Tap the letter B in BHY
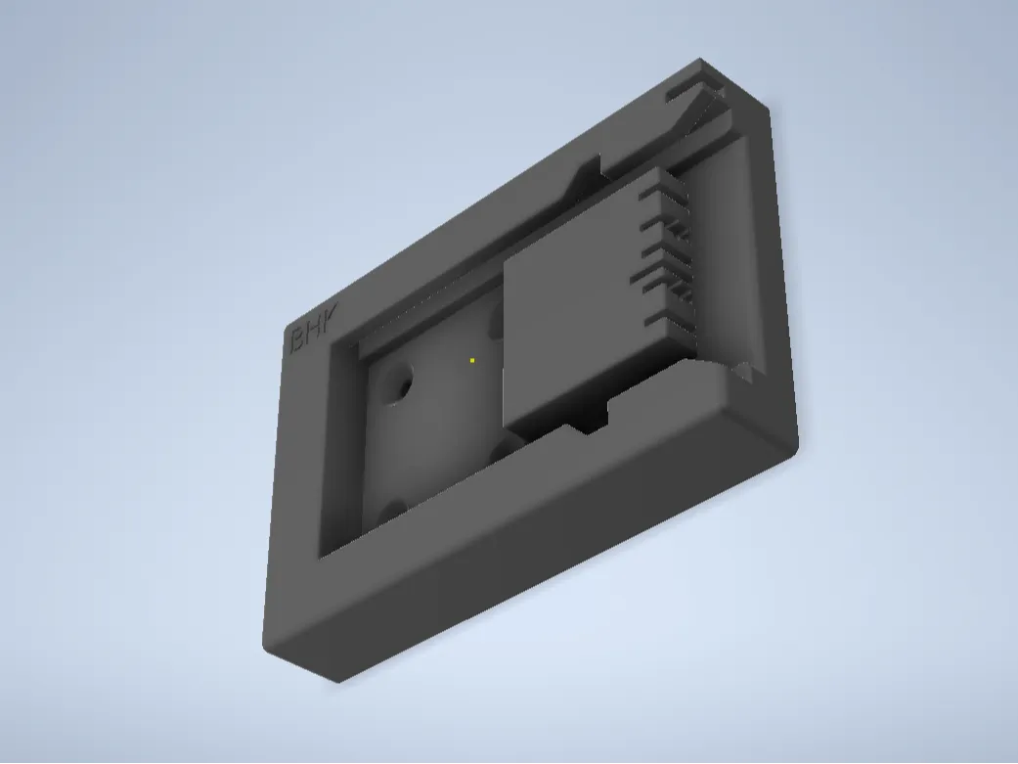[x=296, y=339]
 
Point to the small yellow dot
[x=472, y=361]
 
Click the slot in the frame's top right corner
[x=689, y=91]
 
